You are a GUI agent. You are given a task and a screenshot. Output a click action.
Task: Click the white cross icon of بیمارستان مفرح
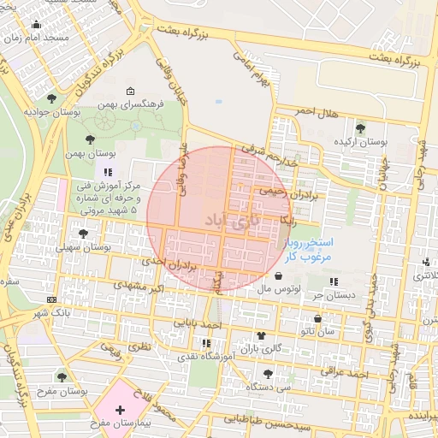(x=120, y=409)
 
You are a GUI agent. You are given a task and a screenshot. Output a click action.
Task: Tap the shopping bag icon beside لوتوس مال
(x=280, y=276)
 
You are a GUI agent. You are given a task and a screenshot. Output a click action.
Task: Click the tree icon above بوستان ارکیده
(x=362, y=127)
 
